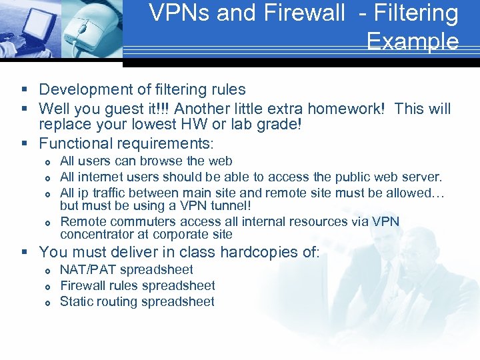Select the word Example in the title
click(412, 41)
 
